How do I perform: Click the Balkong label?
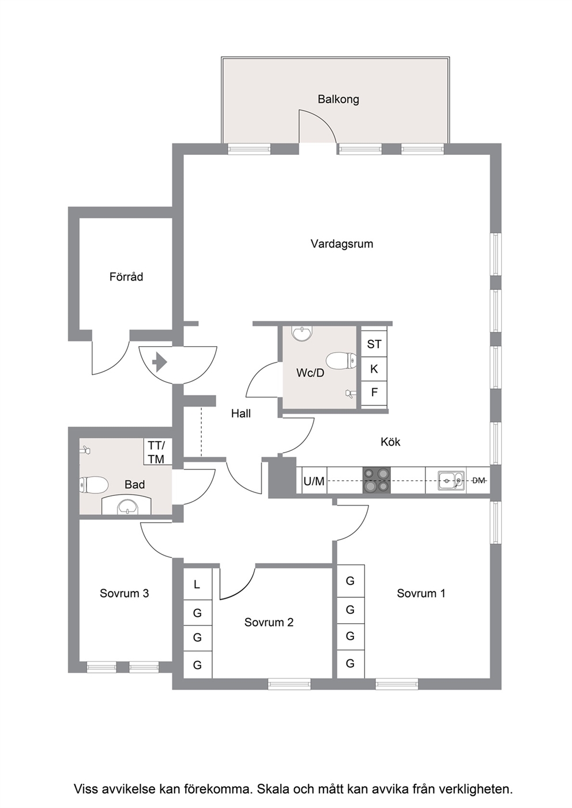click(338, 99)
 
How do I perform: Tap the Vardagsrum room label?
click(341, 244)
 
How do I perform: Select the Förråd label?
click(126, 276)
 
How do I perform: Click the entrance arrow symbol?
click(159, 362)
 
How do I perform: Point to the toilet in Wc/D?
click(341, 361)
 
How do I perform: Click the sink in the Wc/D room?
click(302, 333)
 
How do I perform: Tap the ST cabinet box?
click(374, 344)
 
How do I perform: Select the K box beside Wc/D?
click(374, 369)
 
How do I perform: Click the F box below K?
click(374, 393)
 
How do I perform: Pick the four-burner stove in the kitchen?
click(377, 480)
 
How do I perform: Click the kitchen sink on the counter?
click(451, 480)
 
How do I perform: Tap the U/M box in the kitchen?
click(314, 480)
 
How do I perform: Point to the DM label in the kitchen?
click(479, 480)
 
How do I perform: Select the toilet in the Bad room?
click(93, 485)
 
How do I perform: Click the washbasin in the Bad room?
click(127, 506)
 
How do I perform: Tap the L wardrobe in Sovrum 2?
click(197, 584)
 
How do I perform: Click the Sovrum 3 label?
click(124, 593)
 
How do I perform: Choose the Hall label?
click(241, 414)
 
